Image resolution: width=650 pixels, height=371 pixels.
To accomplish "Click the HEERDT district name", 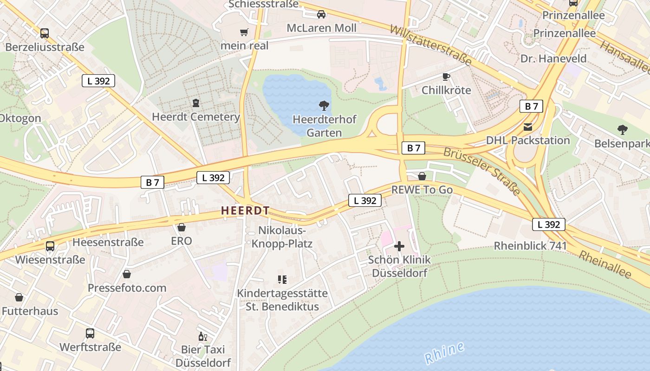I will click(x=245, y=211).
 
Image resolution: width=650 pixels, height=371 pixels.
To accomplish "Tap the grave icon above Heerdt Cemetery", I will click(x=196, y=103).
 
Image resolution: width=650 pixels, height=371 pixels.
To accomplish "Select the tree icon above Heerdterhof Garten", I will click(x=324, y=106).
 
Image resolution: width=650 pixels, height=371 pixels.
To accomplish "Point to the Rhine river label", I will click(x=444, y=353).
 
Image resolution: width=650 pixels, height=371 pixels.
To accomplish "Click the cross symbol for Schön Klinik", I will click(x=399, y=246).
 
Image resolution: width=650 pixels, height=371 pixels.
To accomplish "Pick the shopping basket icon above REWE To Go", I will click(x=422, y=176).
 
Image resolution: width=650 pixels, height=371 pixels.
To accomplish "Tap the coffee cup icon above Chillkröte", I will click(x=446, y=77).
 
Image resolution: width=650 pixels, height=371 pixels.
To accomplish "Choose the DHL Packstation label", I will click(x=528, y=140).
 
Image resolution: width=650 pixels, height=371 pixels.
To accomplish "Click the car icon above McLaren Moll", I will click(x=321, y=14).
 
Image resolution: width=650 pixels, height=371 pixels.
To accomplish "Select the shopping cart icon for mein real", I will click(x=244, y=32).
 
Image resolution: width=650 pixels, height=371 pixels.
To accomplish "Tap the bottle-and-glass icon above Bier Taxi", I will click(x=203, y=336).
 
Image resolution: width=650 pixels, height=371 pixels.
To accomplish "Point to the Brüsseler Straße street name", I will click(x=481, y=171).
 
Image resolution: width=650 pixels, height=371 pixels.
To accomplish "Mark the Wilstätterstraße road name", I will click(x=430, y=45).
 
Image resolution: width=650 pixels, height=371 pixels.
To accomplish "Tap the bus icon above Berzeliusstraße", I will click(x=45, y=33).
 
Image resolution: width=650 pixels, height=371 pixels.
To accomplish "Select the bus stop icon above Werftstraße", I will click(x=90, y=333).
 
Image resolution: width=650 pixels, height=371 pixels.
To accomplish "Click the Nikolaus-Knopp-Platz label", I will click(x=282, y=237).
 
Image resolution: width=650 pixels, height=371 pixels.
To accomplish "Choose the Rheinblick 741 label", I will click(x=530, y=246).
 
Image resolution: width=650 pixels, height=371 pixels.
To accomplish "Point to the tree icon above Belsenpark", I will click(x=623, y=130).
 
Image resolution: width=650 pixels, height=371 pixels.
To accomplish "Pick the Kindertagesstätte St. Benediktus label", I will click(x=282, y=300).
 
